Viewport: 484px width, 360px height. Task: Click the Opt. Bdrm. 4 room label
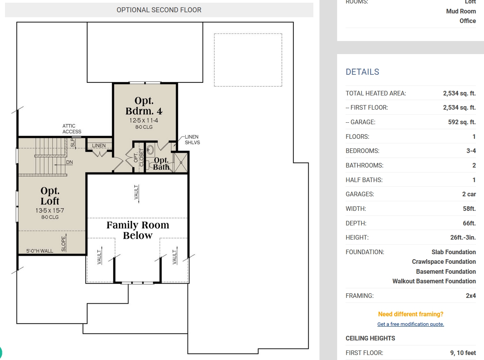click(x=144, y=106)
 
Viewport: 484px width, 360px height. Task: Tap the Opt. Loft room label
click(x=50, y=196)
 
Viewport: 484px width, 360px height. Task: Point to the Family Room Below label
click(x=138, y=230)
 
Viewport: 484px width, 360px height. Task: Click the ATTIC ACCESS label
click(x=72, y=129)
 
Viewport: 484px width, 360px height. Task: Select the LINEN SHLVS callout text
click(x=192, y=140)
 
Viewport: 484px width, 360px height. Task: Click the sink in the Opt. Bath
click(x=150, y=150)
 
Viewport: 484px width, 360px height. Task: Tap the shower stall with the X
click(x=181, y=162)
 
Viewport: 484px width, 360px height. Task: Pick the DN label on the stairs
click(x=69, y=162)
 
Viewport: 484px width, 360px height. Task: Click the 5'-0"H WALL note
click(x=40, y=251)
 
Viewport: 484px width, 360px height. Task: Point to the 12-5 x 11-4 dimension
click(x=144, y=120)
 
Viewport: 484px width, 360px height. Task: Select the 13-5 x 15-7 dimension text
click(x=50, y=210)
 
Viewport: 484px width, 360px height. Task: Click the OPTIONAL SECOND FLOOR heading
click(x=159, y=10)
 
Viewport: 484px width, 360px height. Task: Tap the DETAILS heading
click(x=362, y=72)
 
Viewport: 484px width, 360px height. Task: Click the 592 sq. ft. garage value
click(x=462, y=122)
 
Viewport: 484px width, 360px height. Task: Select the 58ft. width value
click(x=469, y=209)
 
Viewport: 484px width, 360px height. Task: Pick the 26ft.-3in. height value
click(x=463, y=237)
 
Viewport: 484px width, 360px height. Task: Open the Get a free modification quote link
click(x=411, y=324)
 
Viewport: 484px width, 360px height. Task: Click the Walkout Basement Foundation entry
click(x=434, y=281)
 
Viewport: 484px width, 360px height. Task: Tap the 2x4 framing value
click(x=471, y=296)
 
